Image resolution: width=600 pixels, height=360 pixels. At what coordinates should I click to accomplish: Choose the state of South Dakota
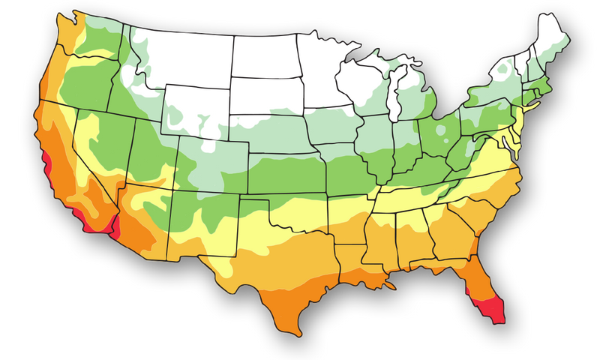click(x=266, y=97)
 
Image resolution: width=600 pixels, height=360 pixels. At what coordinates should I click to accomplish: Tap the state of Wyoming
click(x=195, y=112)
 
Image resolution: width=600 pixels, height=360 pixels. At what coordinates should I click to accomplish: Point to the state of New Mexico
click(x=202, y=229)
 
